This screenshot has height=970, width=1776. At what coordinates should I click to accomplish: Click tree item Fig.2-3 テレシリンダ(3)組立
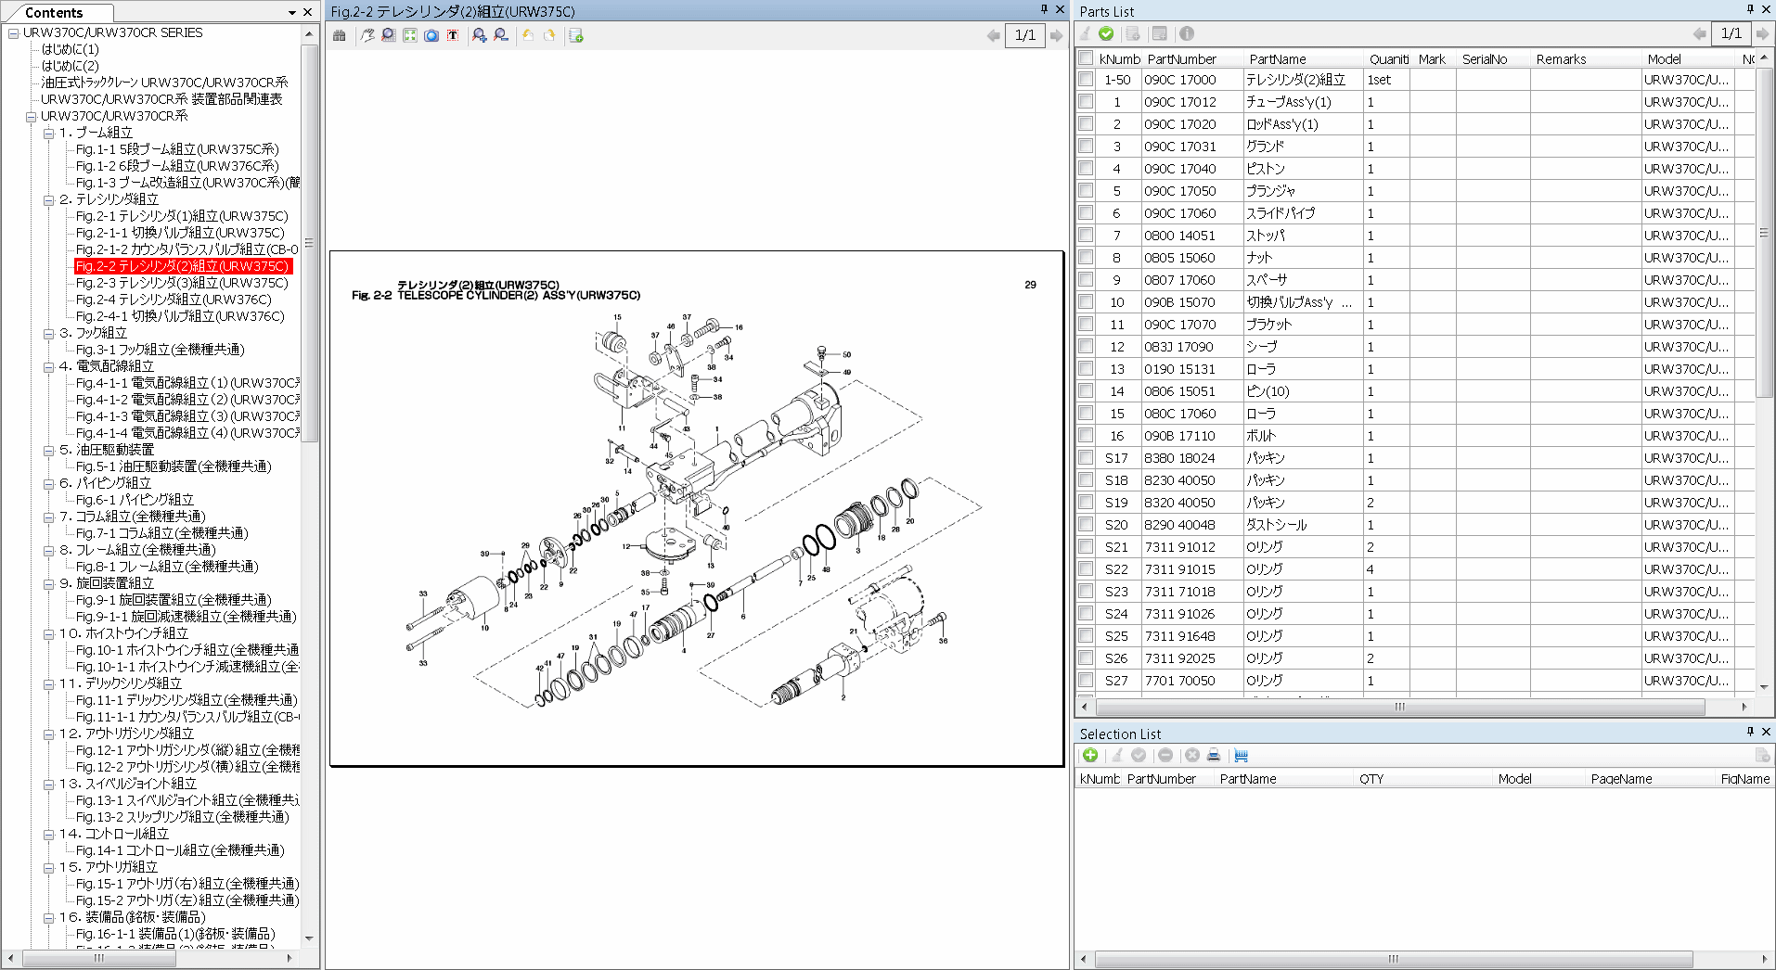point(182,283)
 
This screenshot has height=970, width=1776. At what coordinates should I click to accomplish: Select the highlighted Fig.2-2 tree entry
point(182,266)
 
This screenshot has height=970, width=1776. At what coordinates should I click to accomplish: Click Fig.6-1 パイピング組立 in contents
point(135,500)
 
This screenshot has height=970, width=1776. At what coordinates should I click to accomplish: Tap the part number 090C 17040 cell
point(1179,169)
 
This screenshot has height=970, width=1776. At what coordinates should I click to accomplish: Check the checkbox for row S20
point(1086,525)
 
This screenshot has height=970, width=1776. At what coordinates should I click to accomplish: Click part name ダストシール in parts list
point(1276,525)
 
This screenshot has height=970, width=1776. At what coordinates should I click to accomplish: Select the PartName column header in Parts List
point(1277,59)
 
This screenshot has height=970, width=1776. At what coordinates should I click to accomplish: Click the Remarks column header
point(1561,59)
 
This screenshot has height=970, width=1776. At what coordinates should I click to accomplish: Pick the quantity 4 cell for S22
point(1371,569)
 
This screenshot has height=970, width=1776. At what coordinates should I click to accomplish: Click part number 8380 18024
point(1179,458)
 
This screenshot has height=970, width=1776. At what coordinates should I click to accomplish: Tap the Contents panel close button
point(308,12)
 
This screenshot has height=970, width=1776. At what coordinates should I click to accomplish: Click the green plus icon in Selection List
point(1090,756)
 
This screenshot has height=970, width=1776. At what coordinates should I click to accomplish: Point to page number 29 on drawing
point(1030,285)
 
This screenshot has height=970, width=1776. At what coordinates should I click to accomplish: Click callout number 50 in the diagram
point(846,354)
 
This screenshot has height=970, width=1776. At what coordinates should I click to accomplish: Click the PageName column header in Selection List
point(1621,779)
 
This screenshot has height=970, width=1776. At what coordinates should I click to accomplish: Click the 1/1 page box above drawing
point(1024,35)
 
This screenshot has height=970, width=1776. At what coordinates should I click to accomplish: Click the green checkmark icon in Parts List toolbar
point(1106,33)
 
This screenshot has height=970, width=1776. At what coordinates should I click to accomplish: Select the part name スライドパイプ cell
point(1280,213)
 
